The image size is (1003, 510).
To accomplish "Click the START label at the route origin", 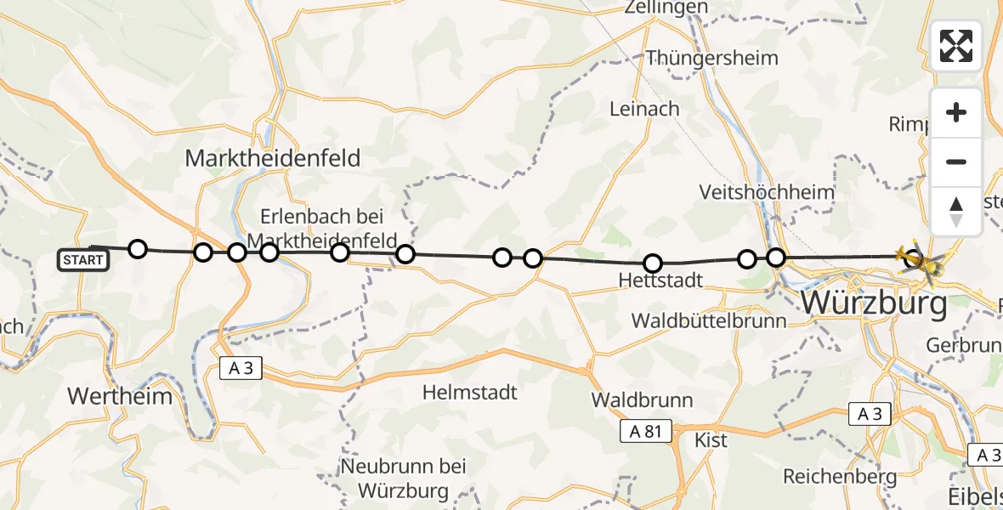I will coord(83,260).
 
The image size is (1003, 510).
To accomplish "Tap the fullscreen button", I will coord(956,46).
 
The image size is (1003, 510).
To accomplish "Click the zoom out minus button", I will coord(956,161).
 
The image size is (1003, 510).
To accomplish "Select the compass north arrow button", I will coord(956,212).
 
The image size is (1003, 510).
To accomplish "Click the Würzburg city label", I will coord(875,302).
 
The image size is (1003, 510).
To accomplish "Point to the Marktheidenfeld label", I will coord(272,158).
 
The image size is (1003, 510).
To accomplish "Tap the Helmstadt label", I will coord(470,392).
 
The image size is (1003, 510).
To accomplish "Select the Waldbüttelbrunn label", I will coord(710,320).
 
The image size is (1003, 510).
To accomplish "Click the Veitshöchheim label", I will coord(767,192).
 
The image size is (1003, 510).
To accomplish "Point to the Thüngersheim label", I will coord(712,58).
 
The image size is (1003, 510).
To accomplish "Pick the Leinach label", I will coord(644,109).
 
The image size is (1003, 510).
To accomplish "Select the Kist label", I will coord(711,440).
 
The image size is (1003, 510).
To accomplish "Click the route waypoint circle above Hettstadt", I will coord(653,263).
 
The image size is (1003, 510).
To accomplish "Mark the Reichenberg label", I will coord(836,474).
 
